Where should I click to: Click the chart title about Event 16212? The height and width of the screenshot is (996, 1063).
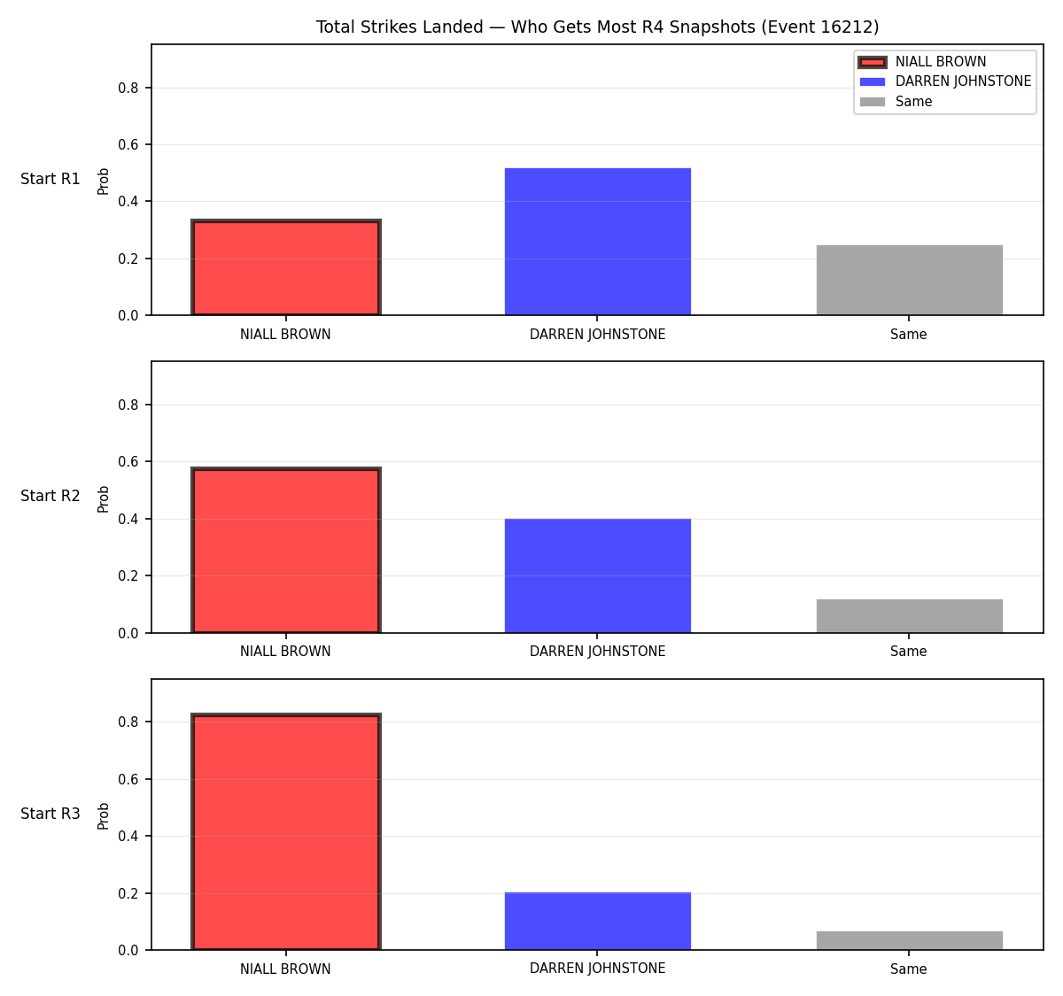pyautogui.click(x=597, y=27)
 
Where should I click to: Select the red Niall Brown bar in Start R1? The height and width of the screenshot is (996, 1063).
pyautogui.click(x=286, y=267)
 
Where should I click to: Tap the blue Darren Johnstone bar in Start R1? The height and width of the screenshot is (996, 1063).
pyautogui.click(x=597, y=242)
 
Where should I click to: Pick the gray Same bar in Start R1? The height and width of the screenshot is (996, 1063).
pyautogui.click(x=909, y=280)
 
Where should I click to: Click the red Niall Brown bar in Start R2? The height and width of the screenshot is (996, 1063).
pyautogui.click(x=286, y=550)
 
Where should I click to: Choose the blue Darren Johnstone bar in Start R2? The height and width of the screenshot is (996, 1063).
pyautogui.click(x=597, y=575)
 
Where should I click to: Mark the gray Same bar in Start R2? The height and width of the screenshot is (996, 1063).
pyautogui.click(x=909, y=615)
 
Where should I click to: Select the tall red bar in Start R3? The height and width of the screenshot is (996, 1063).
pyautogui.click(x=286, y=831)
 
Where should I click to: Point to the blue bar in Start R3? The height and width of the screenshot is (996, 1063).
pyautogui.click(x=597, y=921)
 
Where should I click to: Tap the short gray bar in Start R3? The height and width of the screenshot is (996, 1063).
pyautogui.click(x=909, y=940)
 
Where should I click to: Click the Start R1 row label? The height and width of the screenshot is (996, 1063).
pyautogui.click(x=50, y=179)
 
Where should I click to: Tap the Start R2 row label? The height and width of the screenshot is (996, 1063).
pyautogui.click(x=50, y=496)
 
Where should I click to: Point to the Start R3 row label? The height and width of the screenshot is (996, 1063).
pyautogui.click(x=50, y=814)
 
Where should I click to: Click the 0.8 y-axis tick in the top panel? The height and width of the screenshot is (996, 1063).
pyautogui.click(x=128, y=88)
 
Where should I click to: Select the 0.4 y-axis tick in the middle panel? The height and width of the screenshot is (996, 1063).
pyautogui.click(x=128, y=519)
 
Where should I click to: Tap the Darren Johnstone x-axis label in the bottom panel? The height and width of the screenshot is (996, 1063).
pyautogui.click(x=597, y=969)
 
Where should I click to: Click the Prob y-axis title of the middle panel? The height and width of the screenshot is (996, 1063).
pyautogui.click(x=104, y=498)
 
